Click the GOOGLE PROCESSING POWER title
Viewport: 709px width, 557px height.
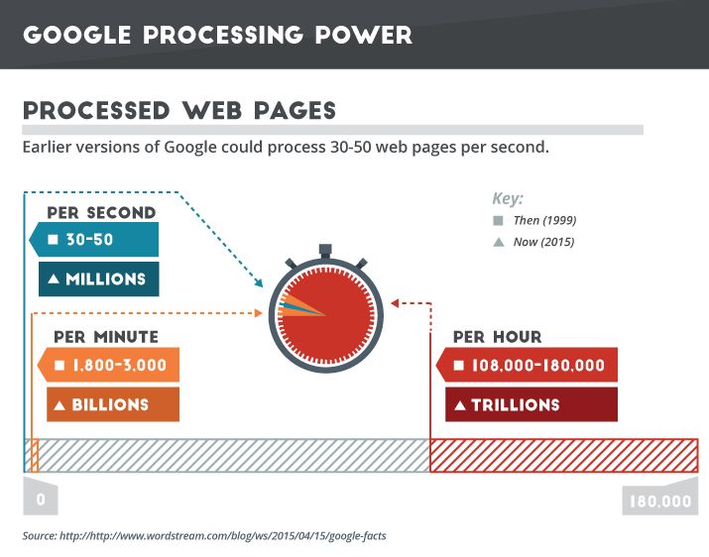tap(216, 35)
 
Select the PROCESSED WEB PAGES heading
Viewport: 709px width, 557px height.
tap(178, 109)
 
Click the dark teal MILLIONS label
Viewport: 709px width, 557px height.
tap(99, 278)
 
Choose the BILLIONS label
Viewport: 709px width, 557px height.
tap(112, 404)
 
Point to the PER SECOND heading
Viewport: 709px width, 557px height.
tap(101, 213)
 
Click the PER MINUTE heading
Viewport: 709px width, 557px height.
tap(106, 337)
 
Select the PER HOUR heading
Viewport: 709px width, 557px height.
tap(498, 337)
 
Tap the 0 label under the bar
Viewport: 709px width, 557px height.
tap(41, 500)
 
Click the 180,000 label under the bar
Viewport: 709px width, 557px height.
tap(659, 501)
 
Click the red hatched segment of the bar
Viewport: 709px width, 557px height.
tap(563, 455)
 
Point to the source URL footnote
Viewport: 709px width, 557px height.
tap(203, 536)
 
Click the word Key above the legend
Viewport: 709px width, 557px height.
tap(508, 198)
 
